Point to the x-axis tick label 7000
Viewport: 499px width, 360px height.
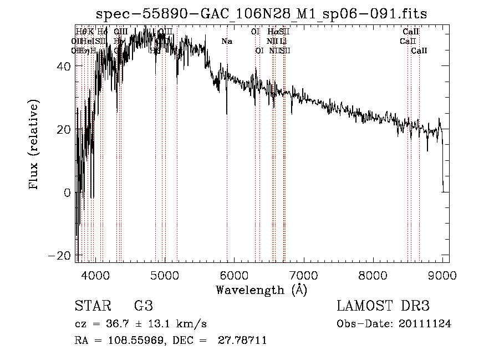303,276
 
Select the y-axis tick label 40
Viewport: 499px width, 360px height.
64,66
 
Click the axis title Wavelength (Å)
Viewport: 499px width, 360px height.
262,290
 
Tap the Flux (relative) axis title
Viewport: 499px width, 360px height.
34,145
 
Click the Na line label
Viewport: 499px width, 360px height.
227,41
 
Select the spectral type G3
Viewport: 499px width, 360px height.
143,307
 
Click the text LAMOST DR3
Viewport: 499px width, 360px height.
383,307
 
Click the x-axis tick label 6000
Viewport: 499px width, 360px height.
234,276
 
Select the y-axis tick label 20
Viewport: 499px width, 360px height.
64,129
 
